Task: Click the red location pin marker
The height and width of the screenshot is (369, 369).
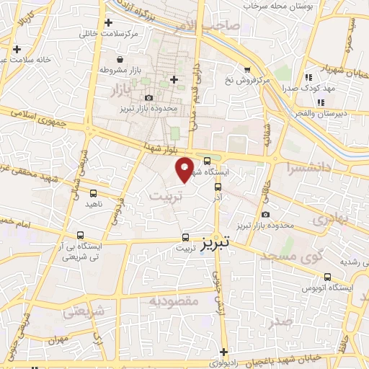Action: click(x=185, y=169)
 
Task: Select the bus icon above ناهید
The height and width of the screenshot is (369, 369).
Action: click(x=93, y=193)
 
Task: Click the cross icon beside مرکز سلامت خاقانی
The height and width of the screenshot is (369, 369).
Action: click(x=107, y=22)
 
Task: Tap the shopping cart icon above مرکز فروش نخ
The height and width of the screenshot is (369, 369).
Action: click(x=246, y=70)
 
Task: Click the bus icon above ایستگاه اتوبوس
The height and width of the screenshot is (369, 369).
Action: click(x=328, y=277)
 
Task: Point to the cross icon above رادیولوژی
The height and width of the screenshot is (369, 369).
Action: click(x=225, y=352)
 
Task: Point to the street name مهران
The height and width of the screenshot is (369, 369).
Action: click(x=59, y=338)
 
